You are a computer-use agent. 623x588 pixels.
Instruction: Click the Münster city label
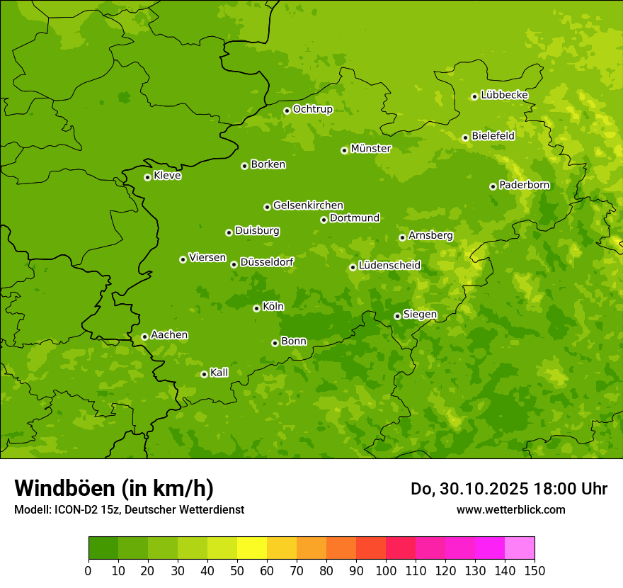(371, 149)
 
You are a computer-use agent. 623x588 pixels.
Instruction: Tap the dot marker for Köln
(256, 308)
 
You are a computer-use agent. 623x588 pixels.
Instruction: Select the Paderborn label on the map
(525, 185)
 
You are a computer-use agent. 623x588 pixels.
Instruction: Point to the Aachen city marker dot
(144, 337)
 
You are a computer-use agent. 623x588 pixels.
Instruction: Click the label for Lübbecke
(504, 95)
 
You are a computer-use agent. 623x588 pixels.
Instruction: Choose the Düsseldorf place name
(267, 262)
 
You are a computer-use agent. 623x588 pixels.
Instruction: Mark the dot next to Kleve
(147, 177)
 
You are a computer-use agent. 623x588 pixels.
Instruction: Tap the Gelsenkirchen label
(308, 205)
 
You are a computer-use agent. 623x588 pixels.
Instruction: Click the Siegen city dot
(397, 316)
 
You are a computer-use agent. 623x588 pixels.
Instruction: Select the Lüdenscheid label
(389, 266)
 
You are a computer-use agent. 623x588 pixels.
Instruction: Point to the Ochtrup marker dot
(287, 111)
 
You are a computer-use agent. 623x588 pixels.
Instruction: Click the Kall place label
(219, 373)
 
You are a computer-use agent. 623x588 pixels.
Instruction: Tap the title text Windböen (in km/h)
(114, 488)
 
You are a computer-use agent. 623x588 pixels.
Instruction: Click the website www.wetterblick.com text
(510, 509)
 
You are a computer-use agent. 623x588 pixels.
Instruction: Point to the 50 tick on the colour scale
(237, 570)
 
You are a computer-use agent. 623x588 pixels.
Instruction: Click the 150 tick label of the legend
(535, 570)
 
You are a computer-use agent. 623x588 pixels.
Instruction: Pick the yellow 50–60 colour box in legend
(252, 548)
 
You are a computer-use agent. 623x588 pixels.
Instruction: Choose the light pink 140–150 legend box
(520, 548)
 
